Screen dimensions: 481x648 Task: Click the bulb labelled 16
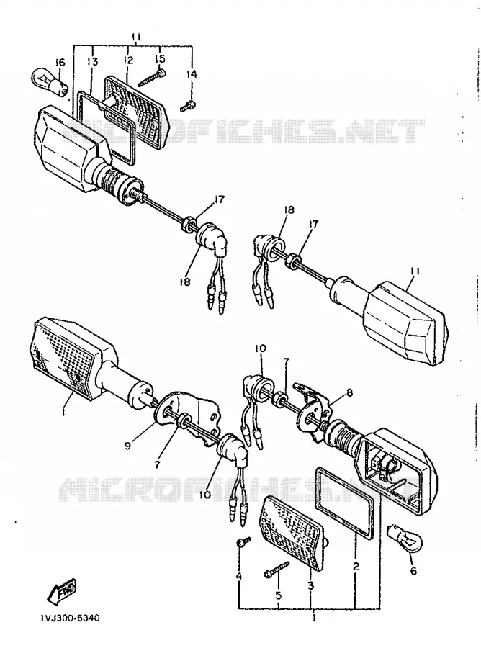point(50,80)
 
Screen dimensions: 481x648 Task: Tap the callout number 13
point(93,62)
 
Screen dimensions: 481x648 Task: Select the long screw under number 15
point(152,78)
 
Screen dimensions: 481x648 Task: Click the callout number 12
point(128,60)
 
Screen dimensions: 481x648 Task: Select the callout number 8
point(350,393)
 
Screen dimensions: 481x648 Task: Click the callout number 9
point(127,446)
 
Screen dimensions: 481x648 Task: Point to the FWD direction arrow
point(62,589)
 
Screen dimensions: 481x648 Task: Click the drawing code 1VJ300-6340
point(70,618)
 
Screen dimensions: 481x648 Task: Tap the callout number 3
point(311,585)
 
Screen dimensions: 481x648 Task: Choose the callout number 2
point(356,566)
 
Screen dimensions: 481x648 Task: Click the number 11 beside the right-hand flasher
point(415,271)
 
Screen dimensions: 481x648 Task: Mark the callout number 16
point(60,63)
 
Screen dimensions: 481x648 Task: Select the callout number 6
point(413,571)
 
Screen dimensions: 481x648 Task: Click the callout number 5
point(278,595)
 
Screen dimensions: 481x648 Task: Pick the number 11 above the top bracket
point(136,37)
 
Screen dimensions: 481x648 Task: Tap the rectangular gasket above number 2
point(345,504)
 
